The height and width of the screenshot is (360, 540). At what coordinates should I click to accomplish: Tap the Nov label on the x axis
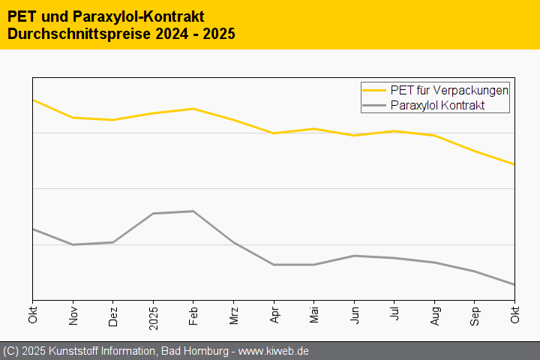[x=73, y=315]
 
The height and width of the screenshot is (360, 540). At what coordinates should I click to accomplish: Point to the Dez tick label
[x=113, y=315]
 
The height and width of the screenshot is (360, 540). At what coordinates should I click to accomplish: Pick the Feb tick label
[x=193, y=315]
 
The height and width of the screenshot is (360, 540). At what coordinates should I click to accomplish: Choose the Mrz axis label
[x=234, y=315]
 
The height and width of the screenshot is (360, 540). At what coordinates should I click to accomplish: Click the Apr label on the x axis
[x=274, y=315]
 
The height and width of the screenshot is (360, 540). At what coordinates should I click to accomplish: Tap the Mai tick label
[x=314, y=315]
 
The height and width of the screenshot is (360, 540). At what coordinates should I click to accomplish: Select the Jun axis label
[x=355, y=315]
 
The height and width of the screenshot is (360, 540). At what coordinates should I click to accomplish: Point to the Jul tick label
[x=395, y=316]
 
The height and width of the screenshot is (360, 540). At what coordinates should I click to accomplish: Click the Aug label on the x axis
[x=435, y=315]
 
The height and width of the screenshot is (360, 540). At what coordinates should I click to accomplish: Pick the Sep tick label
[x=475, y=315]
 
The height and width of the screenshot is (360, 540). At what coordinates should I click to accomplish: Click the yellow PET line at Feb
[x=193, y=109]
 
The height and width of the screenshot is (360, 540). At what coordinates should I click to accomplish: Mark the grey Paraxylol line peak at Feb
[x=193, y=211]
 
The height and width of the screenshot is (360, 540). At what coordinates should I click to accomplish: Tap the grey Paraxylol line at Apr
[x=274, y=265]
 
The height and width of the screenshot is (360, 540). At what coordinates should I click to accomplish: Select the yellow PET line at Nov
[x=73, y=118]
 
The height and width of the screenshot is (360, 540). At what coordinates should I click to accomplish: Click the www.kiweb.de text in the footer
[x=274, y=351]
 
